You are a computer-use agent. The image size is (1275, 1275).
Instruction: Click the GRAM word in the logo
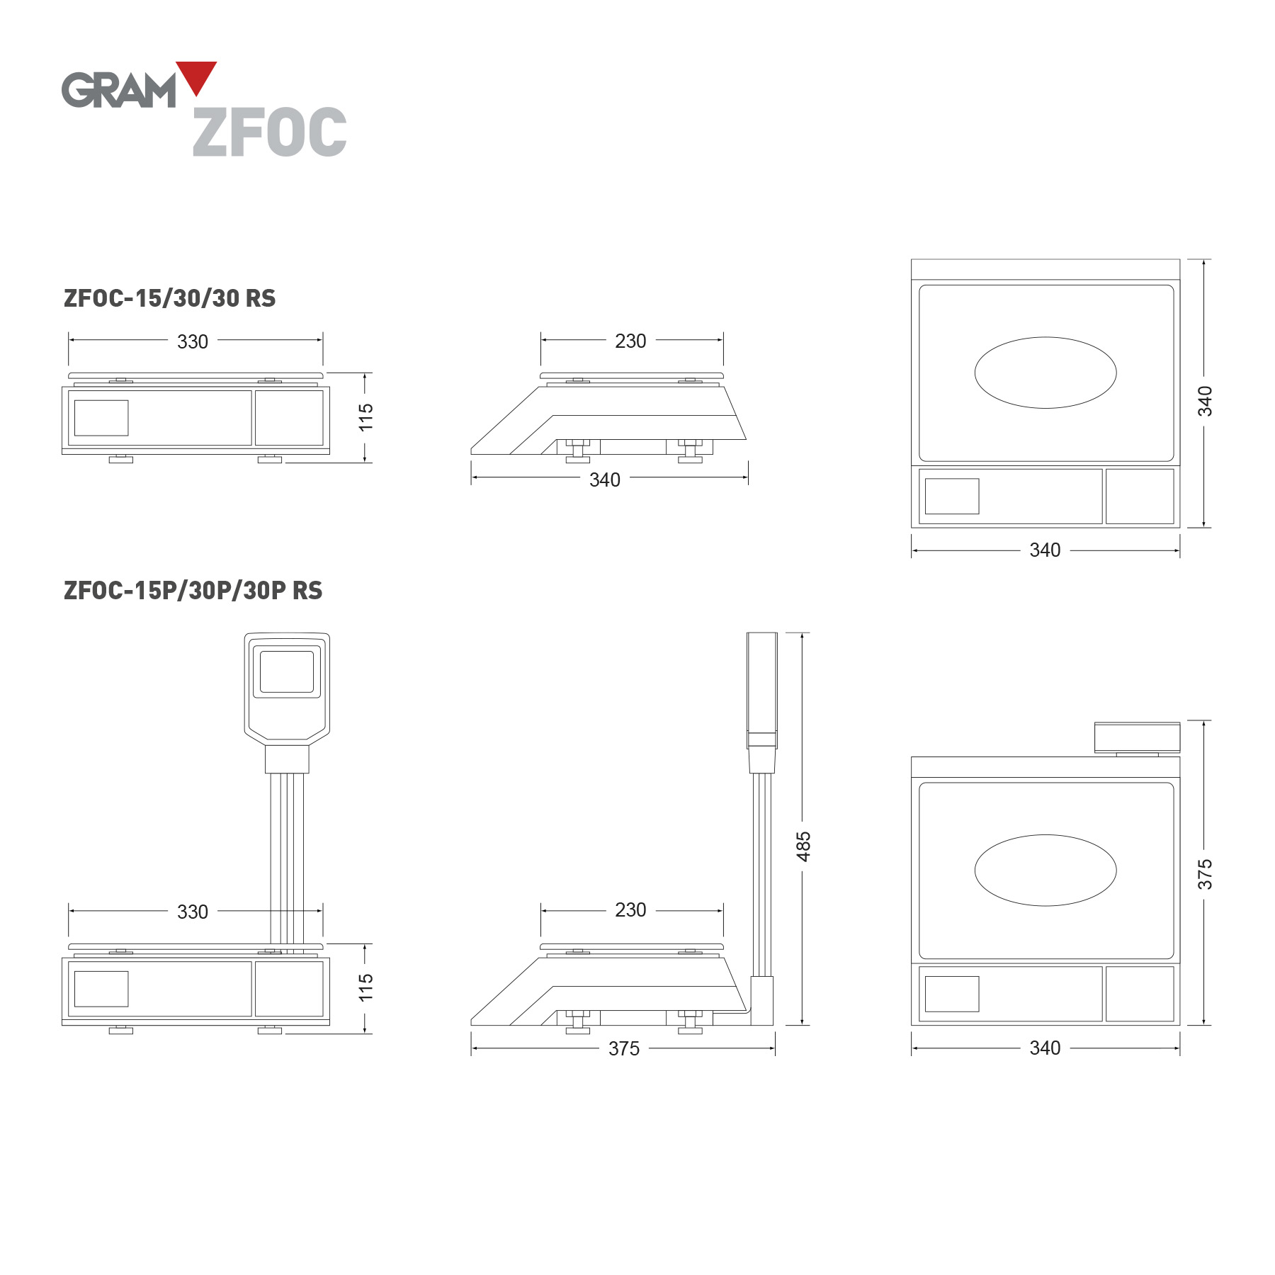(x=118, y=90)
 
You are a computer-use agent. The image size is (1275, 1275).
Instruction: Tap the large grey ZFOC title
(x=270, y=132)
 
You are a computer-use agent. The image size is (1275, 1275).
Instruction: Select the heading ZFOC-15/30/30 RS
(x=170, y=298)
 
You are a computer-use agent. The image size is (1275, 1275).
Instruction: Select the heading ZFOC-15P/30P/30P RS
(x=193, y=591)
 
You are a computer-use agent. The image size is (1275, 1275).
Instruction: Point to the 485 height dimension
(x=803, y=846)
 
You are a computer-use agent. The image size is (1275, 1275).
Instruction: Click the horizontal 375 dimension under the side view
(x=624, y=1048)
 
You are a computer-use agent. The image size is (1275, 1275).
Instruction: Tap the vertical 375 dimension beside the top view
(x=1205, y=874)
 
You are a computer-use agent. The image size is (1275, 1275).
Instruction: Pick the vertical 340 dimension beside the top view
(x=1205, y=401)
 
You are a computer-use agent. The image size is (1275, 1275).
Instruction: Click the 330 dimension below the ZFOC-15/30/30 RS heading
(x=193, y=341)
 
